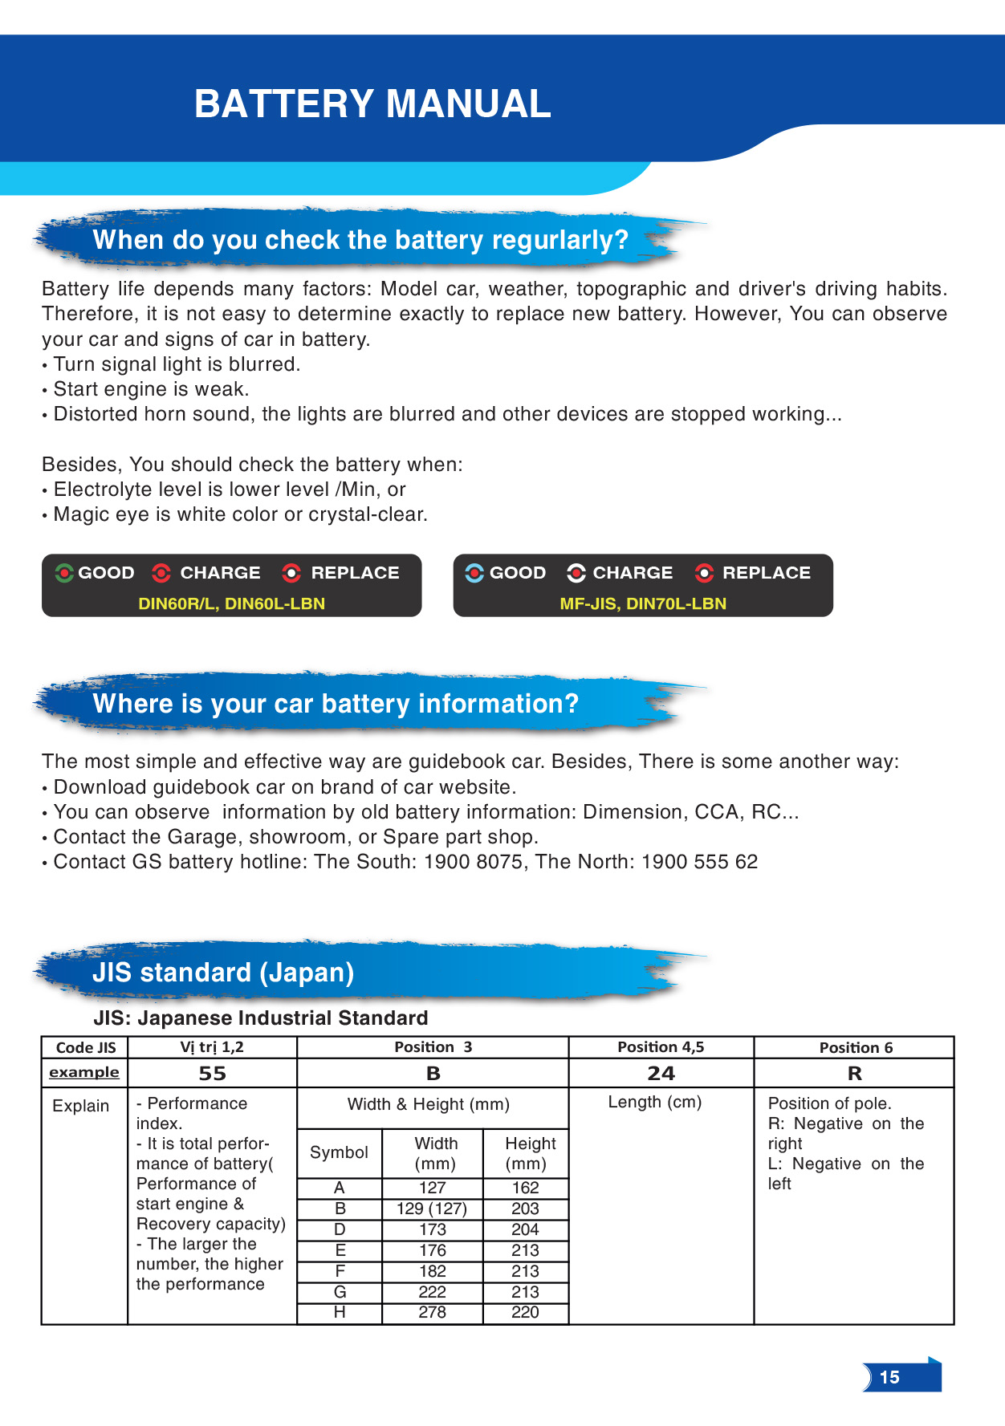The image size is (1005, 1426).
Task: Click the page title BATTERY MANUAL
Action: tap(372, 104)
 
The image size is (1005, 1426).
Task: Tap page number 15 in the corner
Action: tap(889, 1377)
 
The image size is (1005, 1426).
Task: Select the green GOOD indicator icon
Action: tap(64, 573)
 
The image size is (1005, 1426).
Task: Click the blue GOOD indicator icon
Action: tap(474, 573)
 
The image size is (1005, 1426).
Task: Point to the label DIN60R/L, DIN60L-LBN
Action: tap(231, 603)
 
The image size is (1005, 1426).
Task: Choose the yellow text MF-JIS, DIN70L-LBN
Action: tap(643, 603)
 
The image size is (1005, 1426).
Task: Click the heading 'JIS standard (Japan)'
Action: tap(223, 973)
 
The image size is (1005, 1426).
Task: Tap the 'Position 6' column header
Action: tap(856, 1047)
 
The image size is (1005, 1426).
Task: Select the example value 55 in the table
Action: tap(213, 1073)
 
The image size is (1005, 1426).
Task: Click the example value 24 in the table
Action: tap(661, 1073)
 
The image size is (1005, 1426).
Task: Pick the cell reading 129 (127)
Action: tap(432, 1209)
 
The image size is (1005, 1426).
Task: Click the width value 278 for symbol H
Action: tap(432, 1313)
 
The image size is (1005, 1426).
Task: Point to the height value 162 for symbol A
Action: tap(526, 1188)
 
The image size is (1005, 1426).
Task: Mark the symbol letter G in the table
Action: tap(340, 1292)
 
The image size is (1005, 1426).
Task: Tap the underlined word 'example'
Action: tap(84, 1073)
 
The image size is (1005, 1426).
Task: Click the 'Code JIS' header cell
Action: tap(86, 1047)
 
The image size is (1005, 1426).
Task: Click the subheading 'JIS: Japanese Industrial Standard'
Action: tap(261, 1018)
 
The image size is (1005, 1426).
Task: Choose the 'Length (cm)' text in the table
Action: tap(655, 1102)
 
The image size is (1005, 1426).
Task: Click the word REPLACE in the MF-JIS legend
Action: tap(767, 573)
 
